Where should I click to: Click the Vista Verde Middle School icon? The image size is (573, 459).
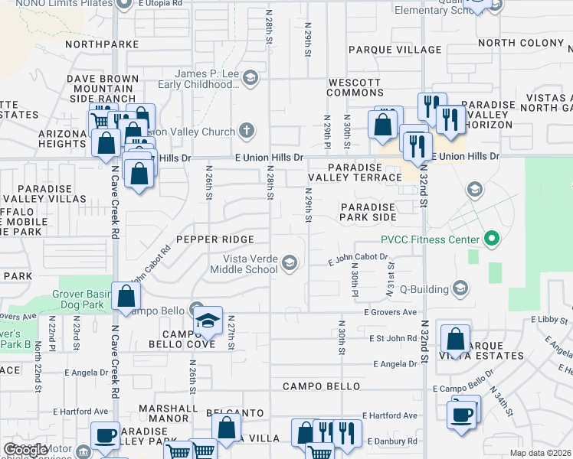point(290,263)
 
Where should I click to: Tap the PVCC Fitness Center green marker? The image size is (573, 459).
point(492,239)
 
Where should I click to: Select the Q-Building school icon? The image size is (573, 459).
point(460,288)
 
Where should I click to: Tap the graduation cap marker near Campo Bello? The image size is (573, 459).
point(207,321)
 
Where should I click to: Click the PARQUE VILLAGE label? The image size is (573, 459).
point(395,50)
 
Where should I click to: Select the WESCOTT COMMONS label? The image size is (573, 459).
point(355,87)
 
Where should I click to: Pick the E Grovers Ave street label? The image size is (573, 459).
point(390,312)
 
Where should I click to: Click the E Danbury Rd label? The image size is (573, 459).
point(391,441)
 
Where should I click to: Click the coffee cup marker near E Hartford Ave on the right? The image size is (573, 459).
point(461,415)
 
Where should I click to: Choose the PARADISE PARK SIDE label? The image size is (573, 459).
point(368,212)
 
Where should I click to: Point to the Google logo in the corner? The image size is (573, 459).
point(25,450)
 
